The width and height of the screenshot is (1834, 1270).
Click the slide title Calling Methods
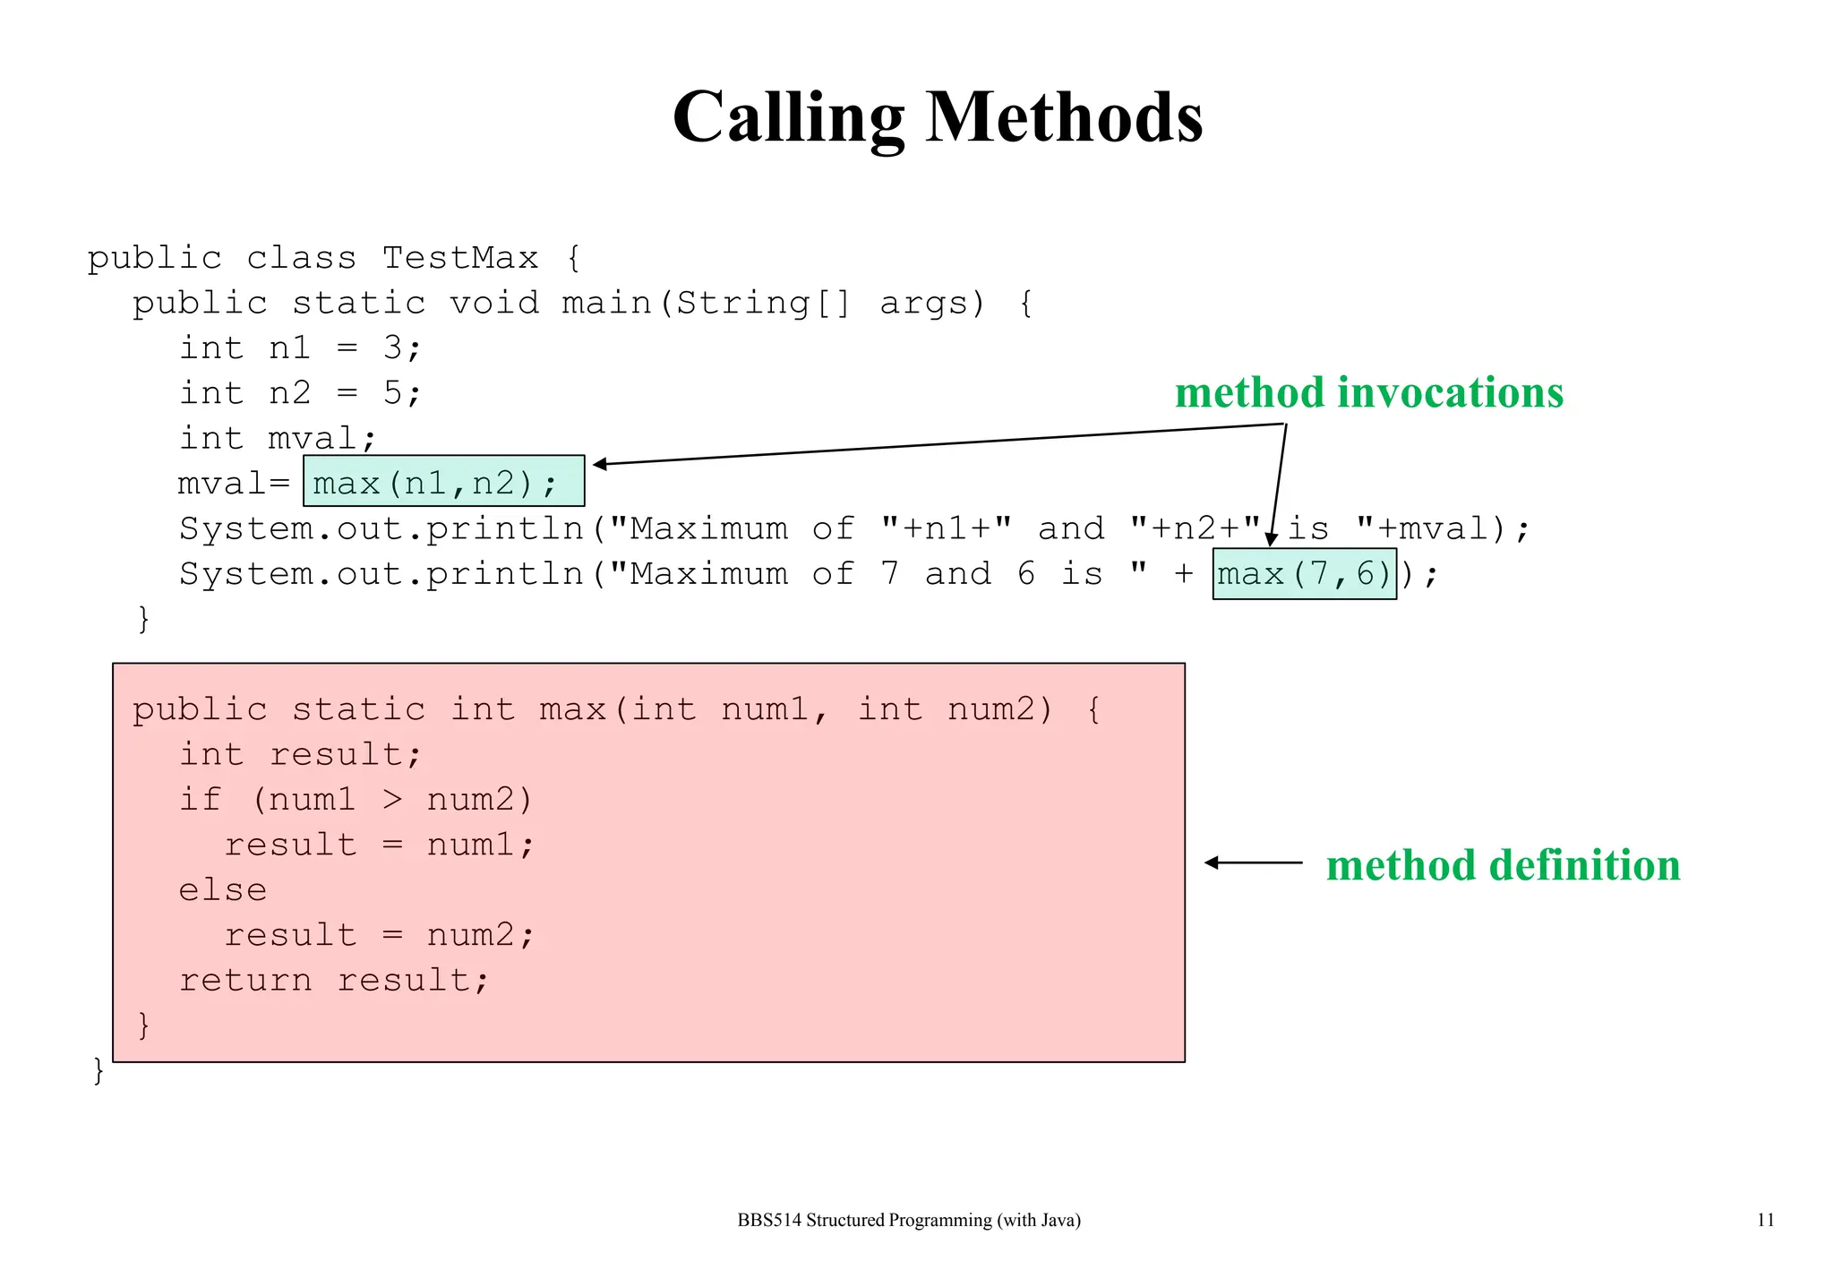[937, 117]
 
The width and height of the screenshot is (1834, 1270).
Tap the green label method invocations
[1368, 393]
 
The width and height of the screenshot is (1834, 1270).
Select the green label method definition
[1502, 866]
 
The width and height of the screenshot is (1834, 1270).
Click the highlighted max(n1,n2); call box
[443, 482]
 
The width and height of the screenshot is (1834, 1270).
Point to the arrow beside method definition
[1253, 862]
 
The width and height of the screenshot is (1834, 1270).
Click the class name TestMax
[460, 258]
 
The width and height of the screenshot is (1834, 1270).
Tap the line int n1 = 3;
[299, 348]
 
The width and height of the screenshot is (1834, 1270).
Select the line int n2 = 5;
[299, 393]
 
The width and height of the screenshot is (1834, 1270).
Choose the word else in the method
[222, 890]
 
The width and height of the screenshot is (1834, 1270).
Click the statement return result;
[333, 981]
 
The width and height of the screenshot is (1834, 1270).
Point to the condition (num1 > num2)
[391, 800]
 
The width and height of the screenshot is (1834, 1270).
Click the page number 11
[1765, 1220]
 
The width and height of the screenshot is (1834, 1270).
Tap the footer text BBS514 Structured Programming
[908, 1220]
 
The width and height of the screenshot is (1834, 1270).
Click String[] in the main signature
[762, 304]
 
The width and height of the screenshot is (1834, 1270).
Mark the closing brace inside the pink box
[143, 1025]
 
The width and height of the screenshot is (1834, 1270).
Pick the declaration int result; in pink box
[299, 755]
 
